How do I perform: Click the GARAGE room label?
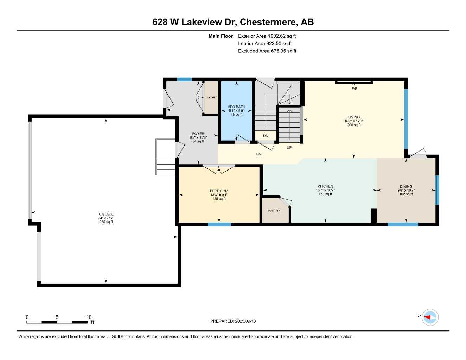point(106,214)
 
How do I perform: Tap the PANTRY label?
point(274,211)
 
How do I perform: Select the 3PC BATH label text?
point(236,107)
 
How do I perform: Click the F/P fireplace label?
point(354,89)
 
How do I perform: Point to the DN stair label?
point(266,136)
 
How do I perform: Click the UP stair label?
point(289,148)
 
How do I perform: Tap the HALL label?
point(260,154)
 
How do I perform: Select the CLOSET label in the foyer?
point(211,98)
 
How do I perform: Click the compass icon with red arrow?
point(430,317)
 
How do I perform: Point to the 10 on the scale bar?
point(89,317)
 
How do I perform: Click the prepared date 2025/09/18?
point(245,321)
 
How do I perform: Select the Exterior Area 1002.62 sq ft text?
point(267,36)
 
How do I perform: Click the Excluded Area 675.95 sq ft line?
point(267,51)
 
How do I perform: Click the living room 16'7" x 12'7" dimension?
point(354,121)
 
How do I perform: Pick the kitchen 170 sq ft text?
point(325,194)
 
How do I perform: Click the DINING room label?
point(406,186)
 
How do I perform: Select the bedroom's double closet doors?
point(219,169)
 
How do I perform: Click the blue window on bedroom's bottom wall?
point(219,224)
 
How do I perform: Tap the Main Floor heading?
point(221,36)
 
